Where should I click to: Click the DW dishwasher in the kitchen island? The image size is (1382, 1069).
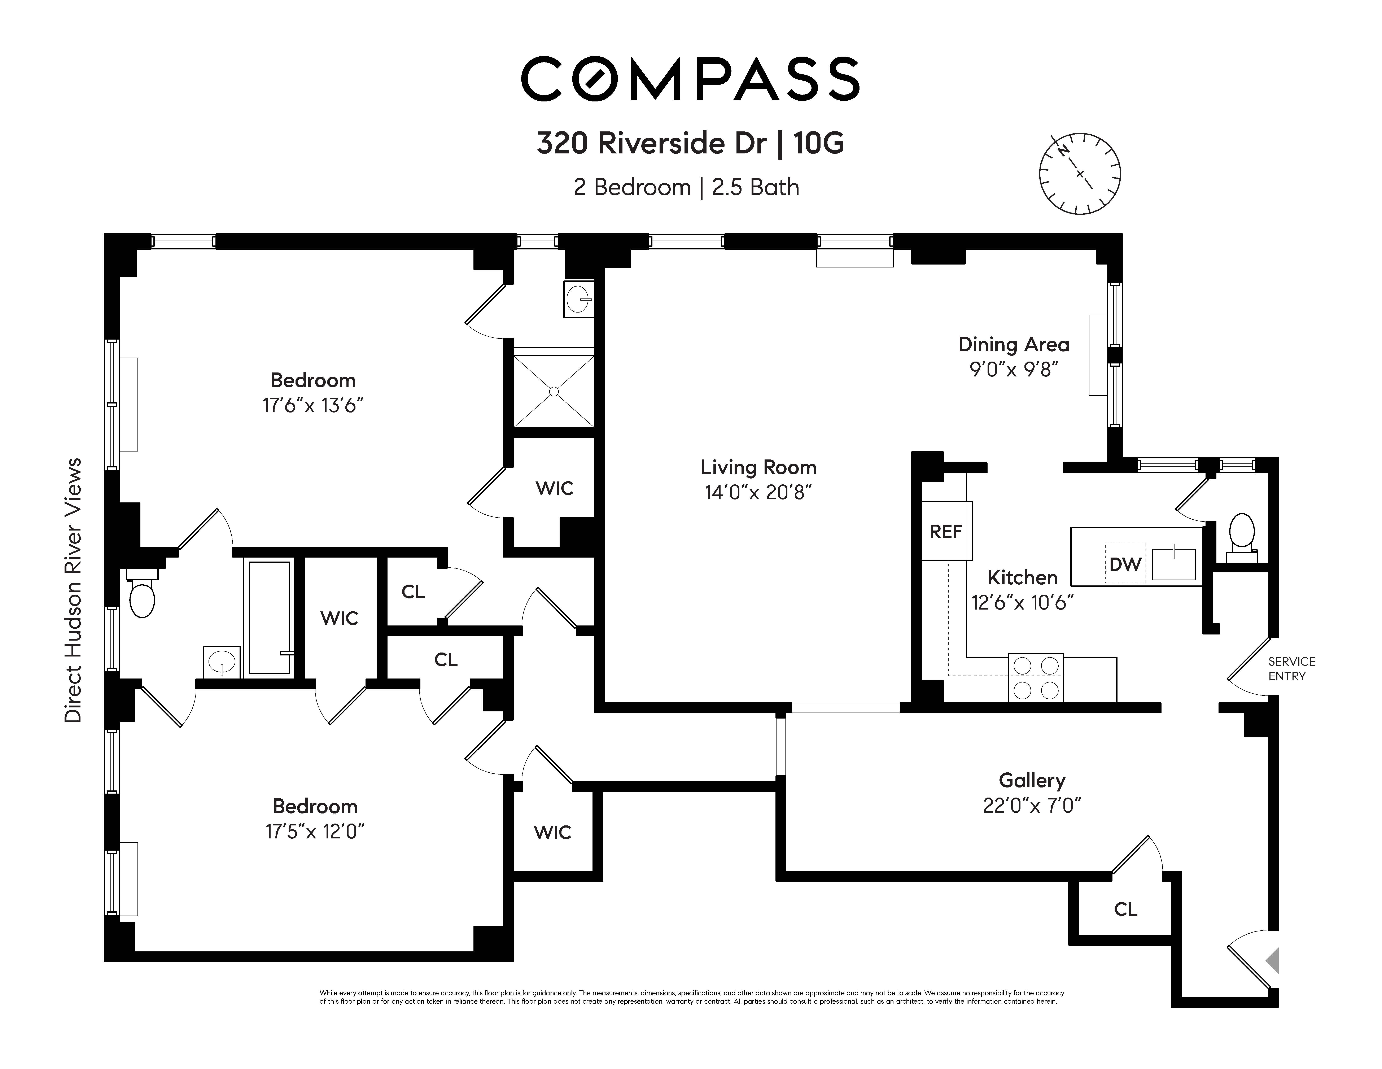pyautogui.click(x=1125, y=563)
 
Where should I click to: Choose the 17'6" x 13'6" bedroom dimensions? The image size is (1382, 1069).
pyautogui.click(x=313, y=405)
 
